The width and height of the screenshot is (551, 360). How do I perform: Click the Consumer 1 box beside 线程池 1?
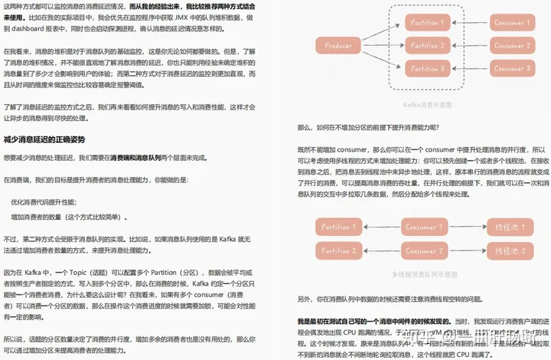[x=421, y=227]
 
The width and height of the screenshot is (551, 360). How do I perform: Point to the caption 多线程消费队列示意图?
[x=423, y=273]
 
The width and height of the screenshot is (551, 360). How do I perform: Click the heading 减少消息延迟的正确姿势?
[x=44, y=139]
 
